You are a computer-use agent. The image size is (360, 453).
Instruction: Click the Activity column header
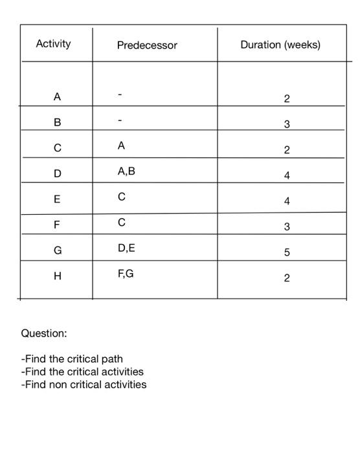(x=53, y=44)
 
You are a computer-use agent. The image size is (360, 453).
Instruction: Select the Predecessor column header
(x=147, y=45)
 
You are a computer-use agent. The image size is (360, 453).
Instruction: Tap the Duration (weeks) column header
(x=280, y=45)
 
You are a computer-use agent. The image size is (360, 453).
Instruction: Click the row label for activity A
(x=57, y=97)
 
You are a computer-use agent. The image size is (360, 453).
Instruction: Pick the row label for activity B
(x=57, y=122)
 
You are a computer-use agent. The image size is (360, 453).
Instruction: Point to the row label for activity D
(x=57, y=173)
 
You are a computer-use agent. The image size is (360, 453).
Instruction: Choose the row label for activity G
(x=57, y=250)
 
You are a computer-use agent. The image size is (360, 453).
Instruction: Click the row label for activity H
(x=57, y=276)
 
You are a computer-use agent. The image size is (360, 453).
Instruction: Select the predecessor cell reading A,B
(x=126, y=172)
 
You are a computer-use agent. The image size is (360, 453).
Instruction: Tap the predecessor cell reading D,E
(x=126, y=249)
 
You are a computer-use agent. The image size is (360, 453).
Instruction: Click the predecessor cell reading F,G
(x=126, y=274)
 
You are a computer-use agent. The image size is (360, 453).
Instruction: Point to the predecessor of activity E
(x=121, y=197)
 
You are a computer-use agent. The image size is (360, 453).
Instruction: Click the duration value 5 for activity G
(x=287, y=252)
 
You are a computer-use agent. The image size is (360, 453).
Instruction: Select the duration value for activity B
(x=287, y=124)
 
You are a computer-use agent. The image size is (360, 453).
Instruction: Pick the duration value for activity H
(x=287, y=278)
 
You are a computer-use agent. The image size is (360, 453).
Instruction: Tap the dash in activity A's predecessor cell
(x=120, y=96)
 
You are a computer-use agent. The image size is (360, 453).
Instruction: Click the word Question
(x=44, y=333)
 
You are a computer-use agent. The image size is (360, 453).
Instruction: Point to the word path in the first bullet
(x=111, y=359)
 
